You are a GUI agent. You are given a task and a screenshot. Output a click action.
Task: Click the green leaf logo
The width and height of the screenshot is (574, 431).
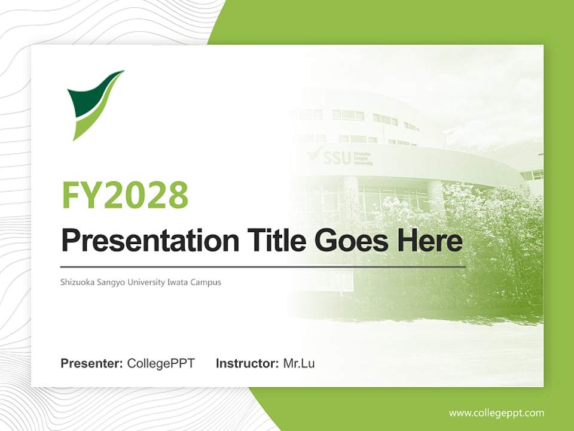94,103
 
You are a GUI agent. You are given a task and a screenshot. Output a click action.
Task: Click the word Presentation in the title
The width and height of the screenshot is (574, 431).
149,241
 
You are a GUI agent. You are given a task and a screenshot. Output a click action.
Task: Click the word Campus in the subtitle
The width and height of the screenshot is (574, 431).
206,282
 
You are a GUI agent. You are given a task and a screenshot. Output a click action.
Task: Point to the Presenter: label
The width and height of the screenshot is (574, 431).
92,363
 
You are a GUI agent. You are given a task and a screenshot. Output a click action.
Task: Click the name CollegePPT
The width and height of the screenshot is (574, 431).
161,363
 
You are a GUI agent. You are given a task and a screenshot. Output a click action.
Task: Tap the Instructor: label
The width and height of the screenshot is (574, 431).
247,363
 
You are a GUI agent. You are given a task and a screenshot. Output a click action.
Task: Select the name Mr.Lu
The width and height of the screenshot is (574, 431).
298,363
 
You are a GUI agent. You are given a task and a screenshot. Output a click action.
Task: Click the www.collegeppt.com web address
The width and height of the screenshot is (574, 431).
496,413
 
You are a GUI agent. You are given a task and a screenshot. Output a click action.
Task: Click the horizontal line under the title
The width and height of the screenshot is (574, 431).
263,266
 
